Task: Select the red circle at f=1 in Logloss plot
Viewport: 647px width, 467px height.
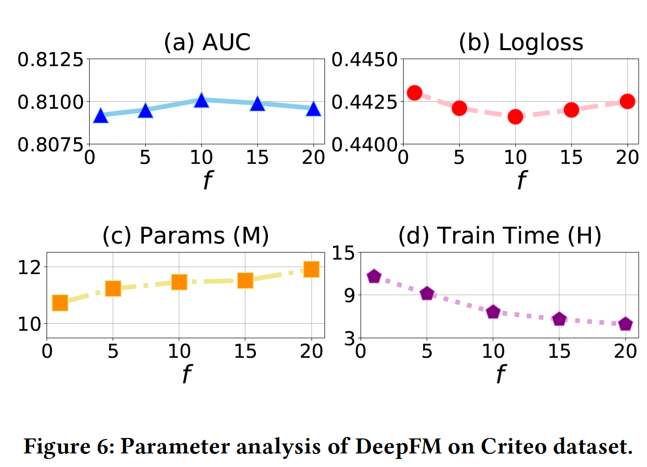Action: pyautogui.click(x=415, y=93)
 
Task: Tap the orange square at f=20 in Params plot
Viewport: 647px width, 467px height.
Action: pyautogui.click(x=311, y=270)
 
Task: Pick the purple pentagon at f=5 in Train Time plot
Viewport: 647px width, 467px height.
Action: pyautogui.click(x=427, y=294)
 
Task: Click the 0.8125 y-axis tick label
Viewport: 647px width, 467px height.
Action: pyautogui.click(x=50, y=60)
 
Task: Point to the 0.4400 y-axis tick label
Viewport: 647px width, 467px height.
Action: pyautogui.click(x=364, y=144)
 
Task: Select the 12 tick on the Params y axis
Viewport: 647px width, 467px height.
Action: pyautogui.click(x=29, y=267)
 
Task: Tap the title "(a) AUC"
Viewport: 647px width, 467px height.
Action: pyautogui.click(x=207, y=42)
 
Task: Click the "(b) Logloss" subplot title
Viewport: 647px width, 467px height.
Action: pyautogui.click(x=521, y=42)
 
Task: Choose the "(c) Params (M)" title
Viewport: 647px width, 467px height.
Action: pyautogui.click(x=185, y=236)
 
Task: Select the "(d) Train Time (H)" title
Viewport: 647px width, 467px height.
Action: pyautogui.click(x=499, y=236)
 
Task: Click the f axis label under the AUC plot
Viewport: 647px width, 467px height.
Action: pyautogui.click(x=207, y=179)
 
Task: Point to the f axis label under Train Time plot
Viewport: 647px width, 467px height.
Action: pyautogui.click(x=500, y=373)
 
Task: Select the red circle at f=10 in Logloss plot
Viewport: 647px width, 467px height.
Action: pyautogui.click(x=515, y=117)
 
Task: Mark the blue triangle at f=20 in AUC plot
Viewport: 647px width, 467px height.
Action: pyautogui.click(x=313, y=109)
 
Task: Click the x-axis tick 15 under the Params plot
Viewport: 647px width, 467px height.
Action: pyautogui.click(x=245, y=352)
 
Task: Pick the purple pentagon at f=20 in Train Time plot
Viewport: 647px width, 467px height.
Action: pyautogui.click(x=625, y=324)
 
